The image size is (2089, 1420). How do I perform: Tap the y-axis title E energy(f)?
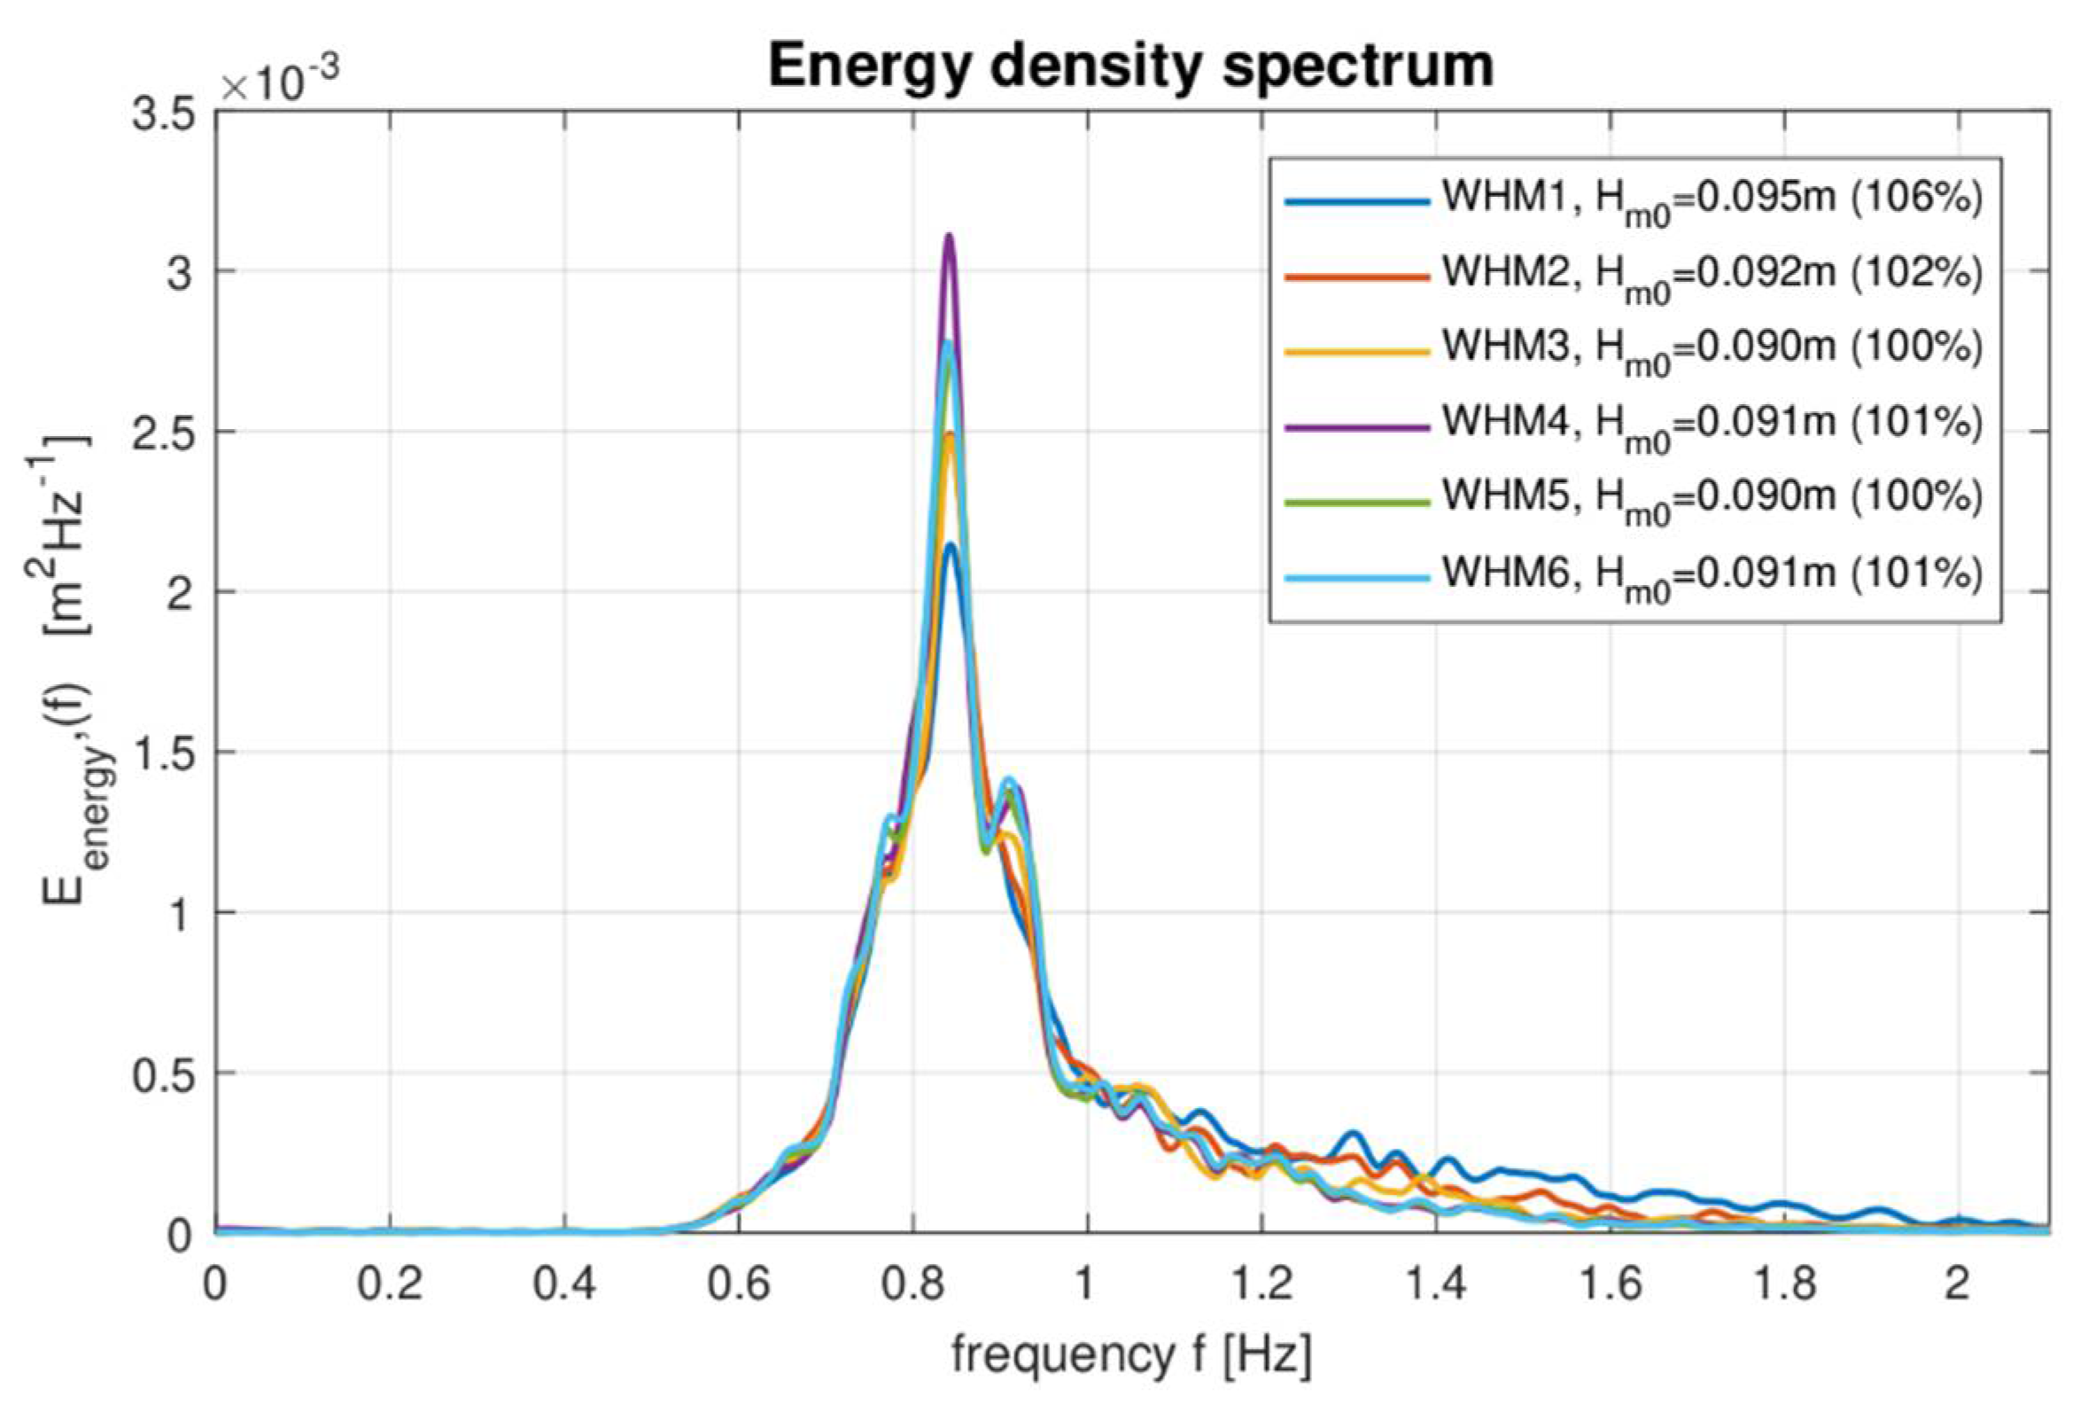click(70, 670)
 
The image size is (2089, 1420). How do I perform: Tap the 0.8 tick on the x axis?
click(912, 1284)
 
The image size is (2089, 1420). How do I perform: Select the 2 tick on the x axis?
click(1958, 1284)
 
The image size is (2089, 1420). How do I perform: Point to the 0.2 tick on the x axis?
click(388, 1284)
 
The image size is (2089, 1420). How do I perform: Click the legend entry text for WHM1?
click(1712, 199)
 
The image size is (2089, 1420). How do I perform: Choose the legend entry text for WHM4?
click(1712, 424)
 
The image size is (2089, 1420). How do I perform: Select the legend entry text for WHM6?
click(1712, 573)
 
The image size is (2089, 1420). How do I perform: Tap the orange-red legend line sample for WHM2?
click(1356, 276)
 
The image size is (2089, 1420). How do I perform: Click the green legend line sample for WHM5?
click(1356, 502)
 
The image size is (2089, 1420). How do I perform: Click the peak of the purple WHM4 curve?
click(948, 238)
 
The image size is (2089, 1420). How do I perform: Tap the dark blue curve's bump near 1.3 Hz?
click(1354, 1134)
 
